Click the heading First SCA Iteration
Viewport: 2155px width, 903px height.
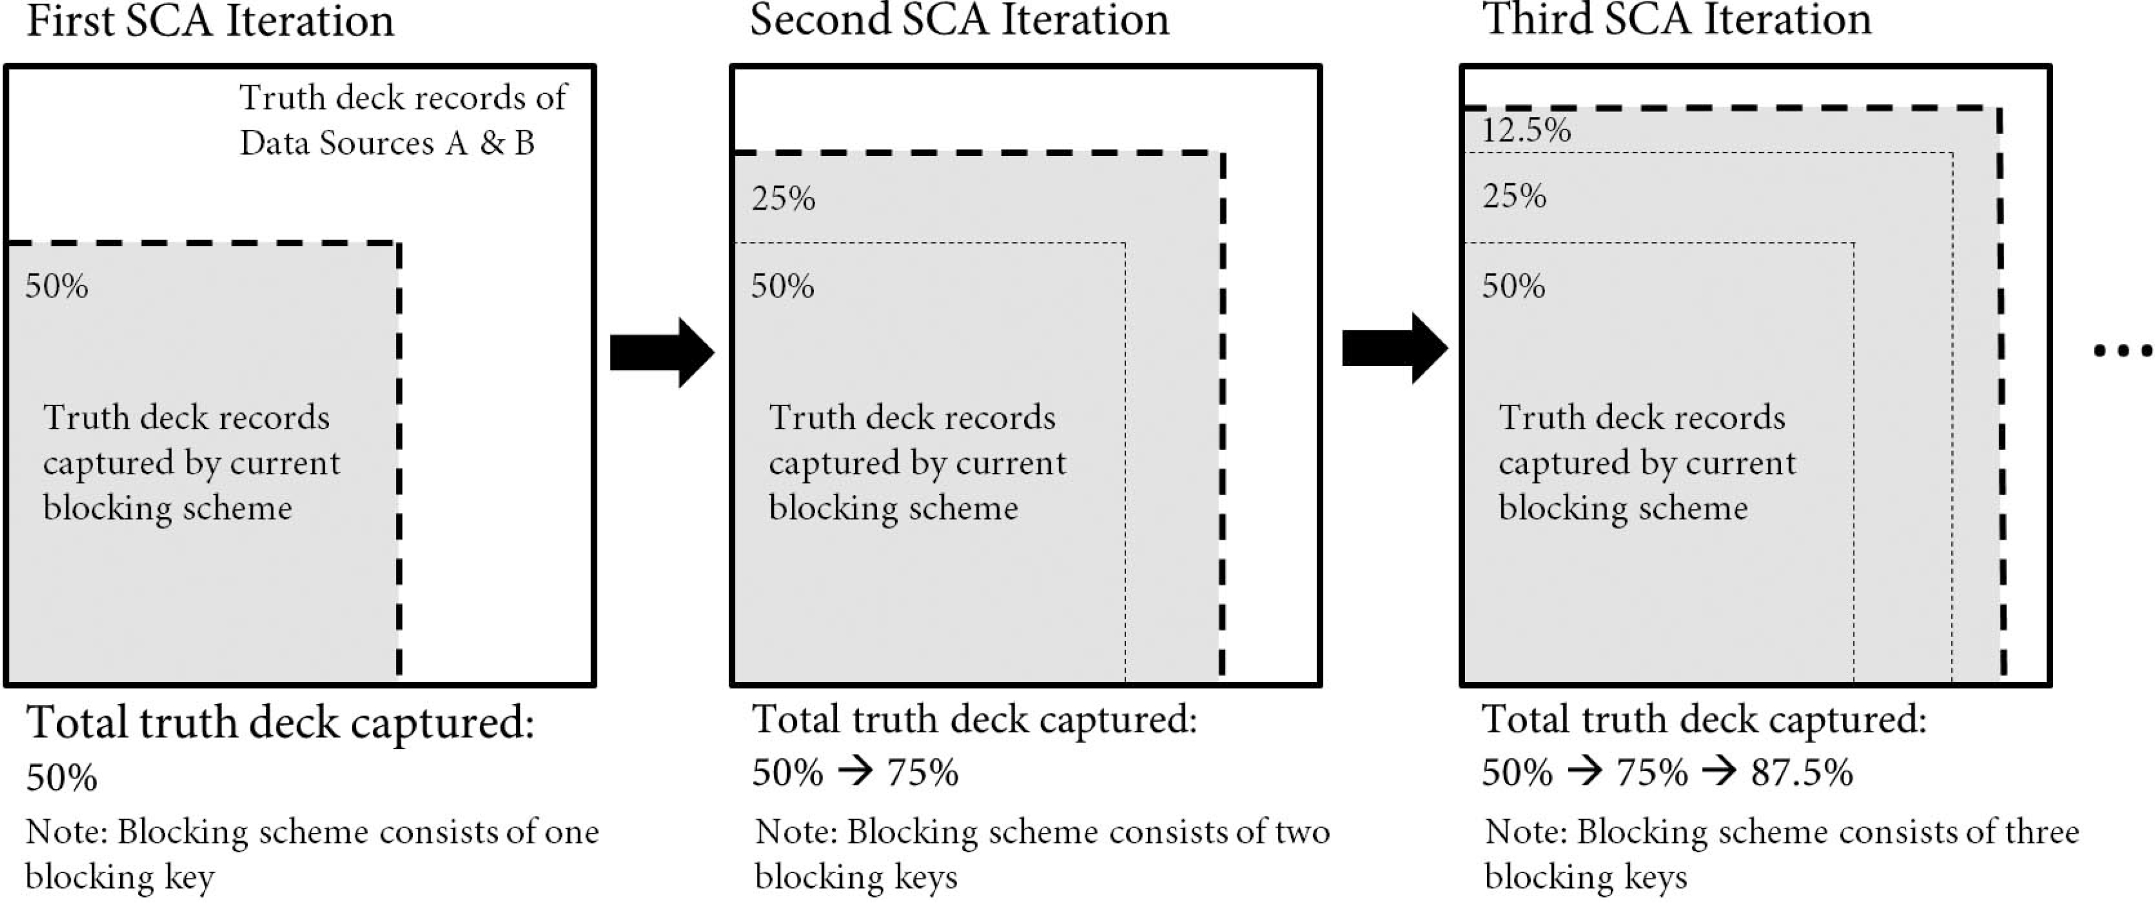point(210,21)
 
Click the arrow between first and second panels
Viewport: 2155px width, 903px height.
point(662,352)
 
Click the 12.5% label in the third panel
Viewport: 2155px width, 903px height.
point(1526,131)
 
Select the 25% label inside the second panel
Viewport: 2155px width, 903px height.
point(783,199)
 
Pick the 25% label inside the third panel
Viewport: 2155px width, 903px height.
point(1514,196)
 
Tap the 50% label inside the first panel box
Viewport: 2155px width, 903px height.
point(57,286)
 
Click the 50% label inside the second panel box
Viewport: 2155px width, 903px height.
point(782,286)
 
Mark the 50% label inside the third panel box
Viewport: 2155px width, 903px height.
point(1513,286)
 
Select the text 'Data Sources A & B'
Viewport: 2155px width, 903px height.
point(387,143)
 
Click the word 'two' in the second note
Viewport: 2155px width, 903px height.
point(1302,832)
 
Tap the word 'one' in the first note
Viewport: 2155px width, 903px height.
point(571,832)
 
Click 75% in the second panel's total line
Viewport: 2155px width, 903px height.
point(922,772)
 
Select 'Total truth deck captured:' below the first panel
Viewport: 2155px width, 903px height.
point(280,723)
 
